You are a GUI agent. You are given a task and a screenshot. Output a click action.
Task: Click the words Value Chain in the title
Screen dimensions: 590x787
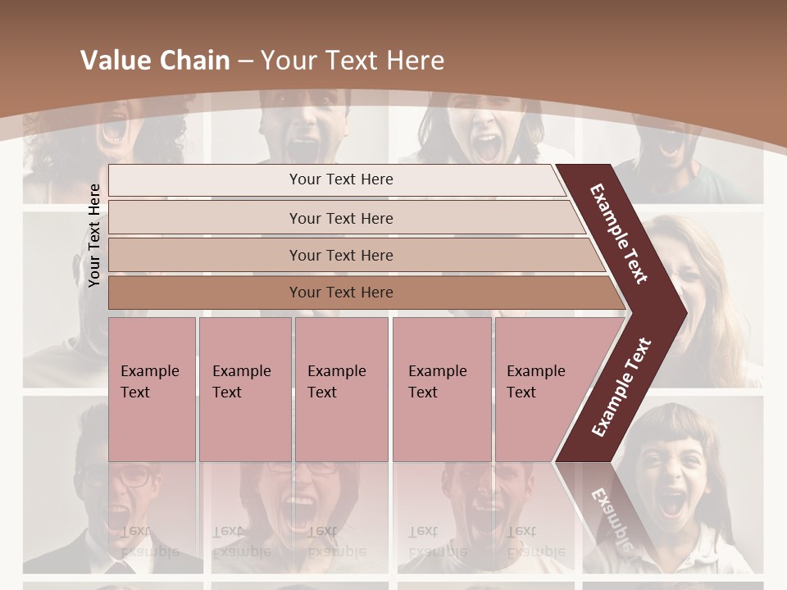point(155,61)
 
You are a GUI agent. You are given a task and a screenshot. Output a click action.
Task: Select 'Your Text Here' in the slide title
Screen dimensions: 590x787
point(353,61)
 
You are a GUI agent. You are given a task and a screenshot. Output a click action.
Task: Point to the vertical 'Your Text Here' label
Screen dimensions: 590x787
point(94,235)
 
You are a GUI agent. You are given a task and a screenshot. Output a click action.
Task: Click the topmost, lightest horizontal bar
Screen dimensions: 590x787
point(341,179)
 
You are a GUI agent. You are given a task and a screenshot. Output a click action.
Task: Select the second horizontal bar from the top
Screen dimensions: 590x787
point(341,218)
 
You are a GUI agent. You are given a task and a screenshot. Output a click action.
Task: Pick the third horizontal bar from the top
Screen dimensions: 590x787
point(341,255)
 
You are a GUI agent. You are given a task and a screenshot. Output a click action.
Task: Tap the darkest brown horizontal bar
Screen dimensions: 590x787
point(341,293)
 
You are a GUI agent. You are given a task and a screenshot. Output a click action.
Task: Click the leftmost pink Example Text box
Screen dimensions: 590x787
point(152,388)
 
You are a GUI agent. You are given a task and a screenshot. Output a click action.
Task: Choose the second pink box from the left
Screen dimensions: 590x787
point(244,388)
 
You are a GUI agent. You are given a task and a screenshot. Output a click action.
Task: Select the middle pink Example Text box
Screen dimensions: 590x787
point(341,388)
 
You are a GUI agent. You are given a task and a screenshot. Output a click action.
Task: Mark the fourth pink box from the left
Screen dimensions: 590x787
point(441,388)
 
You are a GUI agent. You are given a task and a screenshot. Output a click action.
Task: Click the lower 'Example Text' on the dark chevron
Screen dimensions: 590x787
point(621,388)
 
